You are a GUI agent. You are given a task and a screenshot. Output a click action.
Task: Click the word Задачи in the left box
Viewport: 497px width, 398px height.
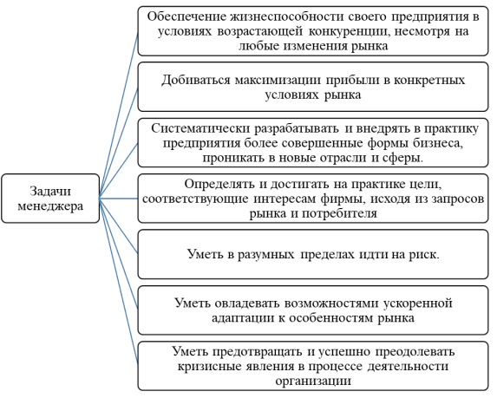coord(50,192)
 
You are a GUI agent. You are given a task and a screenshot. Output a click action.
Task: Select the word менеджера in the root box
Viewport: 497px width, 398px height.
coord(50,206)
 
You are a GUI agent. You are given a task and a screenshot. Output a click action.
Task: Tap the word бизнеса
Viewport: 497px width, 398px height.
coord(438,143)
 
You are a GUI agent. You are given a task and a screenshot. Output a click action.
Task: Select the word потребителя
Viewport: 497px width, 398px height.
coord(339,214)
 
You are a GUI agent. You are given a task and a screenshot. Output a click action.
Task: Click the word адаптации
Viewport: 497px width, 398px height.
coord(243,318)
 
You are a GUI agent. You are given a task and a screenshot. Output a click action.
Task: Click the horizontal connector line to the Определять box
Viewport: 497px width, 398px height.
coord(119,199)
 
